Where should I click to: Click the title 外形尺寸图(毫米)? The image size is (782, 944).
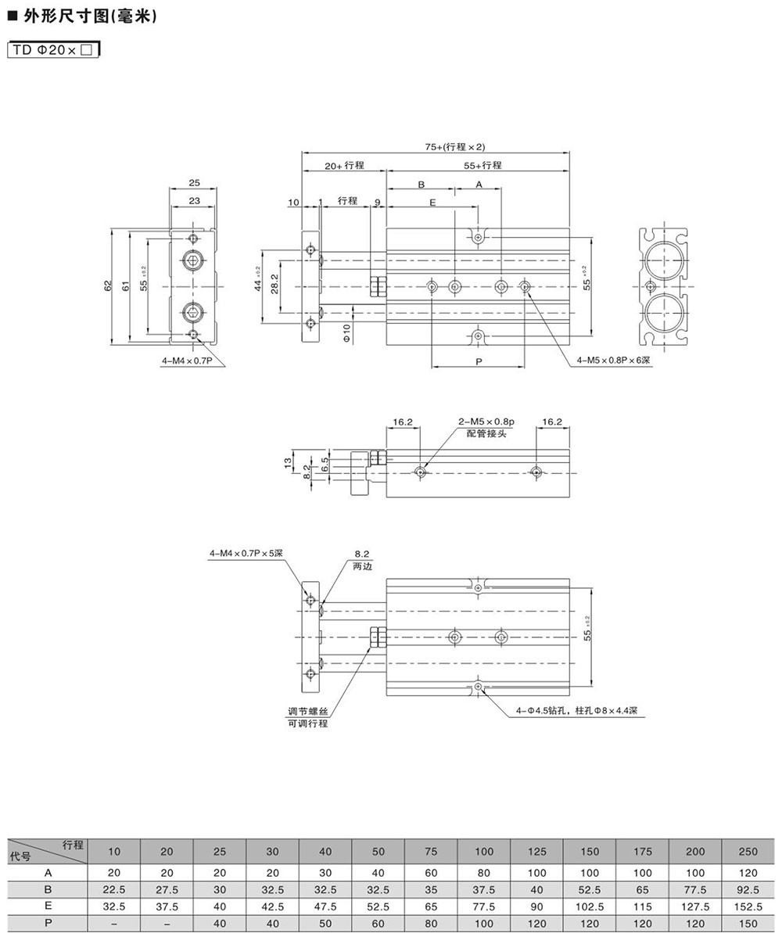coord(90,16)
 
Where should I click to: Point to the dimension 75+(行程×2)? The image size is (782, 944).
coord(455,147)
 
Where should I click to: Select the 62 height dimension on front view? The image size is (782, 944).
coord(108,285)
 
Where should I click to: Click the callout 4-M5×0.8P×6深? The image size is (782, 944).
coord(613,361)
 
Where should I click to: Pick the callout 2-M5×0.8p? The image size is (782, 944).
coord(486,422)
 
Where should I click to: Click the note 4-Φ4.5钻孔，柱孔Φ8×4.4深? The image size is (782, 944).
coord(577,711)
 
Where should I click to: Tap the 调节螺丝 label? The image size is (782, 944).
coord(308,711)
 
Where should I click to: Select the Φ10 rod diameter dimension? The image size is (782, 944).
coord(346,332)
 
